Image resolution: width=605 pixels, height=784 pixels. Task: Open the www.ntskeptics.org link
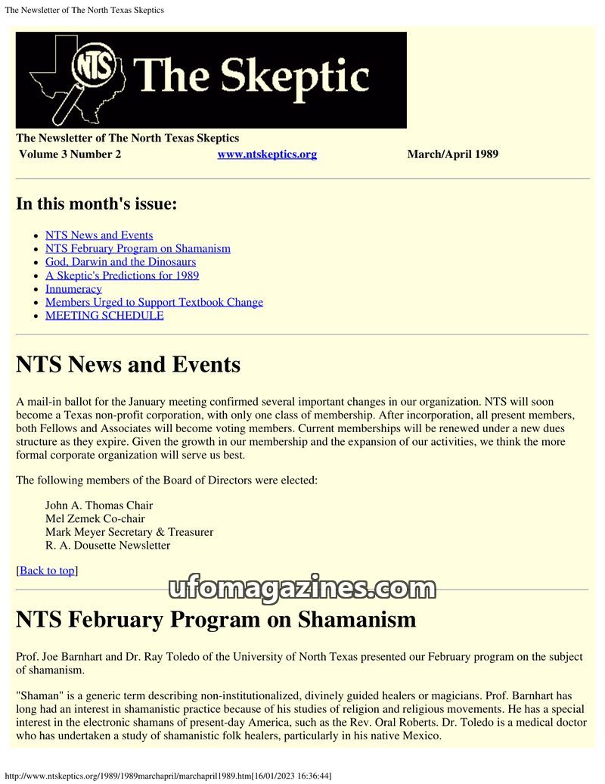tap(267, 154)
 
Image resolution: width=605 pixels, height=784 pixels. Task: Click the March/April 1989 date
tap(452, 154)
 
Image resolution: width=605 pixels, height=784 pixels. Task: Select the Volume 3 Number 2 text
tap(70, 154)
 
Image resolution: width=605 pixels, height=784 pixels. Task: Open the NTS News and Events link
tap(99, 235)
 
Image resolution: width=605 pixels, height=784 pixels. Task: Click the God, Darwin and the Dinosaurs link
tap(120, 262)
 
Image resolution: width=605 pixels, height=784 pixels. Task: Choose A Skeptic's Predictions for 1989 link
tap(122, 275)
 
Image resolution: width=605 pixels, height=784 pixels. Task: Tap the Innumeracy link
tap(73, 289)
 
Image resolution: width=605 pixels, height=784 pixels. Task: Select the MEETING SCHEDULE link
tap(104, 316)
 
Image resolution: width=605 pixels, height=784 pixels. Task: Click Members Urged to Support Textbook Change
tap(154, 302)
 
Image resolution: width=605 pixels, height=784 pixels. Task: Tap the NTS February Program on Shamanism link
tap(138, 248)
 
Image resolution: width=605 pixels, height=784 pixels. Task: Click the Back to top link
tap(47, 571)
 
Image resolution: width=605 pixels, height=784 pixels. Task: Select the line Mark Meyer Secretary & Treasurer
tap(129, 532)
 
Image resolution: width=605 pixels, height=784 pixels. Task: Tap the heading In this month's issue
tap(97, 204)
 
